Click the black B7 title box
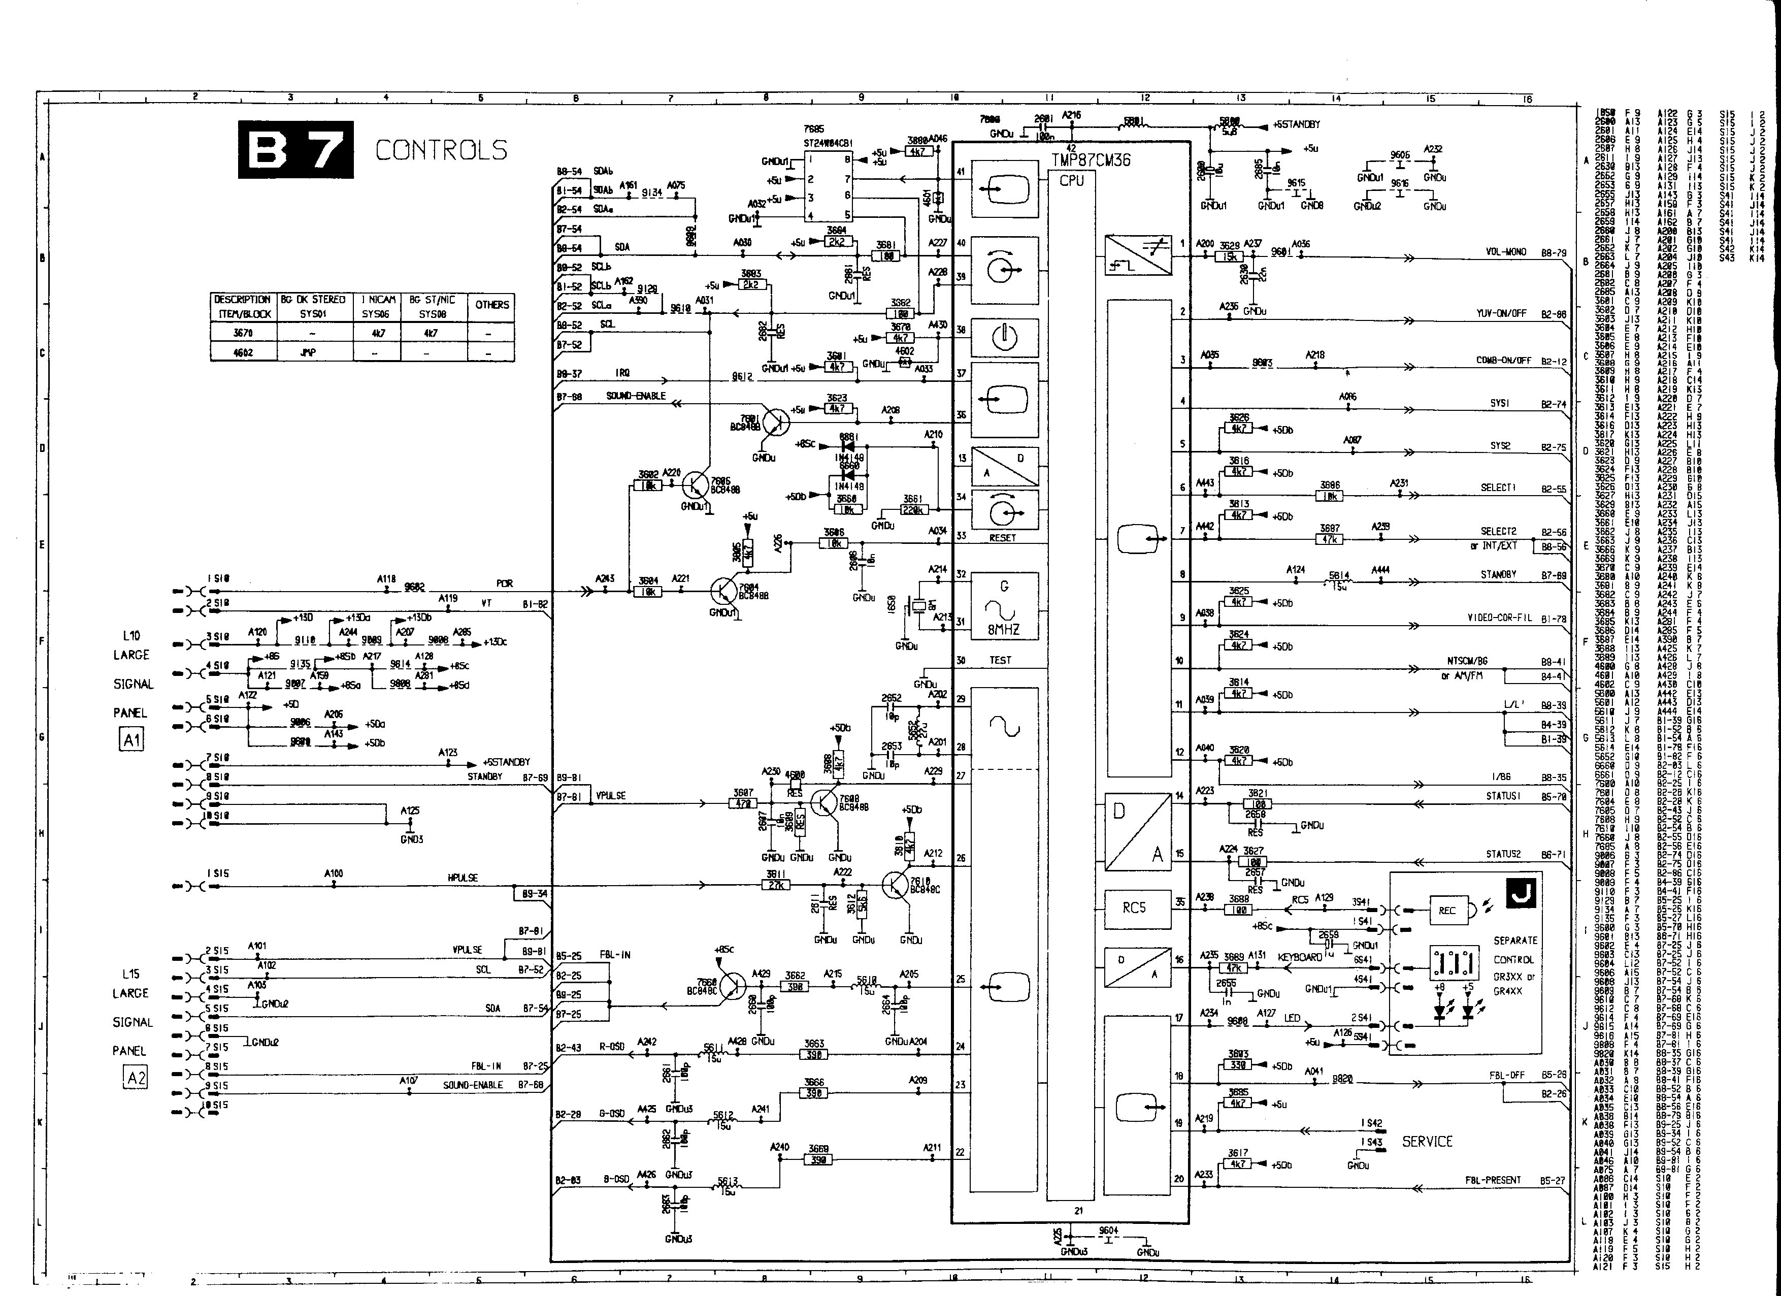point(295,149)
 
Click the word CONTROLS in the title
point(441,150)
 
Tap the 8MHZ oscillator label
point(1004,630)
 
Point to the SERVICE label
point(1427,1141)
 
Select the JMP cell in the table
point(308,352)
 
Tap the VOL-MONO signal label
point(1505,252)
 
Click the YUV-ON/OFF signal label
point(1501,313)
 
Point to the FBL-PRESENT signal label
point(1492,1180)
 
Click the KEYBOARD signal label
point(1300,957)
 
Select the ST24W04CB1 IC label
point(828,143)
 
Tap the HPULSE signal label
point(463,878)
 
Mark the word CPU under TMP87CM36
point(1071,181)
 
